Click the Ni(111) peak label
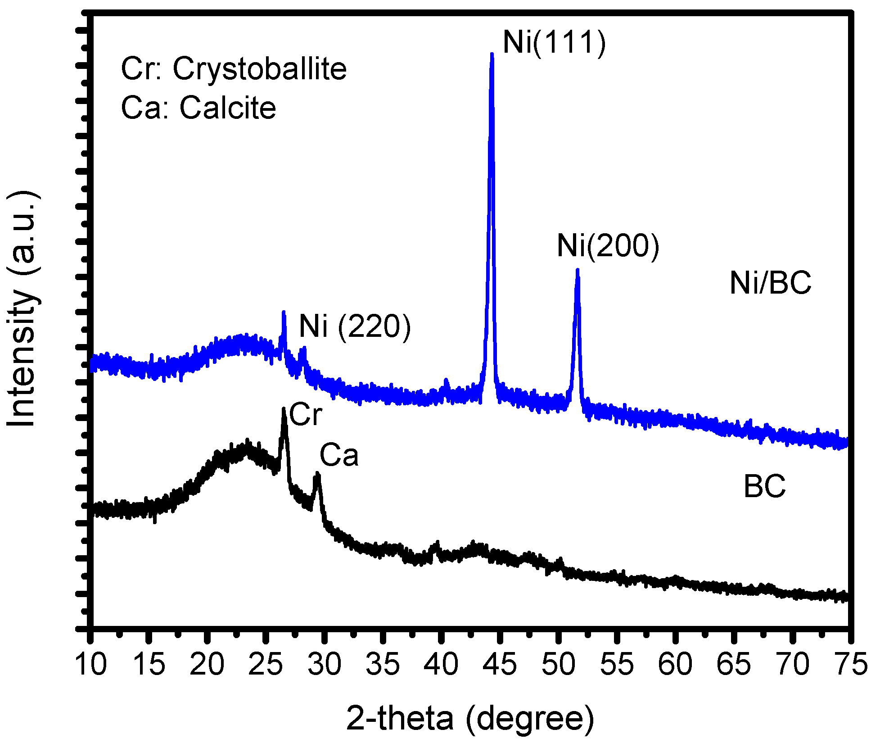tap(554, 43)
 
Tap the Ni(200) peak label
tap(608, 246)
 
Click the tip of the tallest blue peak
tap(492, 54)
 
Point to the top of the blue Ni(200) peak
tap(577, 271)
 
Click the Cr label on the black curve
tap(306, 415)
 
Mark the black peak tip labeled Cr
tap(284, 409)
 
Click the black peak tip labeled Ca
tap(317, 474)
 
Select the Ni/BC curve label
tap(770, 284)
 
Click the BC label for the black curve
tap(764, 487)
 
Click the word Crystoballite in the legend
tap(260, 69)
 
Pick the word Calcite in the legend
tap(228, 108)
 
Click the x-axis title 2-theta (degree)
tap(470, 719)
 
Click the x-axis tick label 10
tap(91, 665)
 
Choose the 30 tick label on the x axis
tap(325, 665)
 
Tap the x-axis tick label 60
tap(675, 665)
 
